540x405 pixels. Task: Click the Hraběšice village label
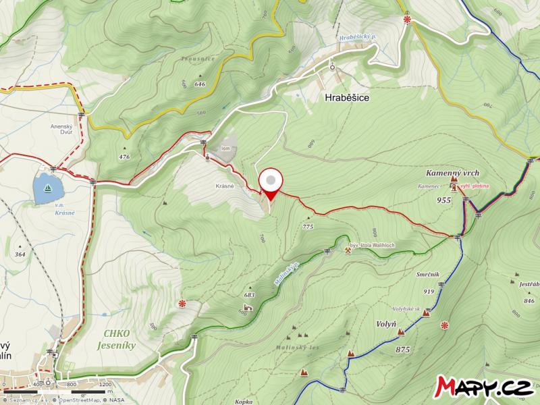click(x=346, y=97)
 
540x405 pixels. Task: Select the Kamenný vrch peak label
click(x=452, y=173)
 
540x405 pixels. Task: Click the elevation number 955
click(x=443, y=200)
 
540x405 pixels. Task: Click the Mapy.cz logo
click(x=485, y=385)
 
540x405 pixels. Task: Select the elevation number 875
click(x=404, y=349)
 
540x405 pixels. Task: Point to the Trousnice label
click(x=198, y=59)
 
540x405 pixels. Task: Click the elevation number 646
click(x=199, y=84)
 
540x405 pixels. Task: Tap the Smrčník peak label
click(x=429, y=275)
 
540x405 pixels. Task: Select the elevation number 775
click(x=308, y=227)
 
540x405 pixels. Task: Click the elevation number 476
click(x=124, y=157)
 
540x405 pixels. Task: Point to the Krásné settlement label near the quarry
click(x=225, y=186)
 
